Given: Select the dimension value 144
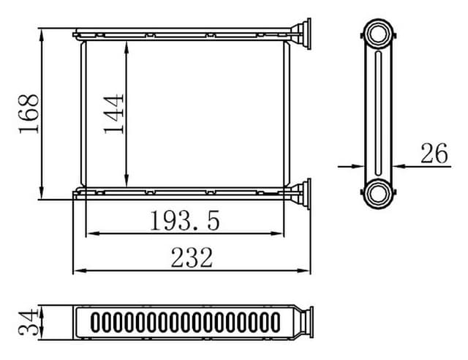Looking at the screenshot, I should pos(113,113).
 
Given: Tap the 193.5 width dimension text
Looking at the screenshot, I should pos(185,220).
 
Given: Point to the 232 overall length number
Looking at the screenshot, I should pos(192,258).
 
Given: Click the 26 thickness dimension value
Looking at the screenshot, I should pos(434,154).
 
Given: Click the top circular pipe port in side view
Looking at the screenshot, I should pos(378,34).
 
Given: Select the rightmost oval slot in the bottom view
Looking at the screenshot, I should pos(274,322).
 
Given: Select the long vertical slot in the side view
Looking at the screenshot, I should pos(378,113).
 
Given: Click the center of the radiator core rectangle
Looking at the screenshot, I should pos(184,113).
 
